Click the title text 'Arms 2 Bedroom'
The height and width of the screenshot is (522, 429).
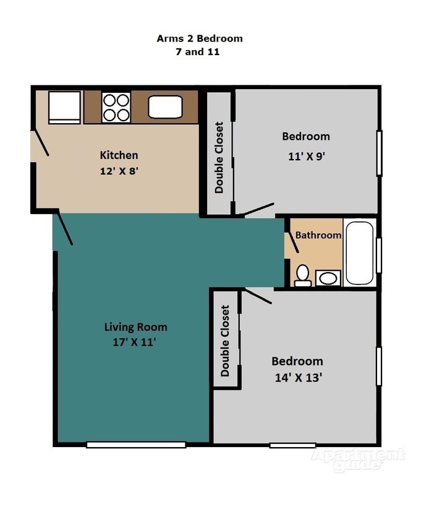pos(199,38)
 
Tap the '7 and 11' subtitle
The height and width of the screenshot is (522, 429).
pos(198,52)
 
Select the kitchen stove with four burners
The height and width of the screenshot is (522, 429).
pos(116,107)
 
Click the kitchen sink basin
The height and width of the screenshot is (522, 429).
pos(166,107)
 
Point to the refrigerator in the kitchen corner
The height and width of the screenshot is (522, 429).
pos(64,107)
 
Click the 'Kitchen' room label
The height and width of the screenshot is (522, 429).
pos(119,155)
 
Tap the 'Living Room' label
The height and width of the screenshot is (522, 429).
pos(135,327)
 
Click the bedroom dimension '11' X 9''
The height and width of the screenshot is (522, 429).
pos(305,156)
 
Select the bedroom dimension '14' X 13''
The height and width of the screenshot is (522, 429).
pos(297,377)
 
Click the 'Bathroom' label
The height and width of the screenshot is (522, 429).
pos(318,235)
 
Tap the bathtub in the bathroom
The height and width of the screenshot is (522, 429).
pos(359,252)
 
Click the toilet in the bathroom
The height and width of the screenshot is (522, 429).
pos(302,275)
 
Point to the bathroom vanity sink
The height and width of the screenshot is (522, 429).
pos(328,278)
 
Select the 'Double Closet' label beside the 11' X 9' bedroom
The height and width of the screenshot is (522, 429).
pos(219,157)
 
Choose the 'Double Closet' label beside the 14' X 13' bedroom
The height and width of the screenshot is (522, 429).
pos(226,341)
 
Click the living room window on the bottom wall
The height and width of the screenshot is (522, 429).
pos(136,444)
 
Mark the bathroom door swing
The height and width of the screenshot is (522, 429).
pos(292,242)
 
